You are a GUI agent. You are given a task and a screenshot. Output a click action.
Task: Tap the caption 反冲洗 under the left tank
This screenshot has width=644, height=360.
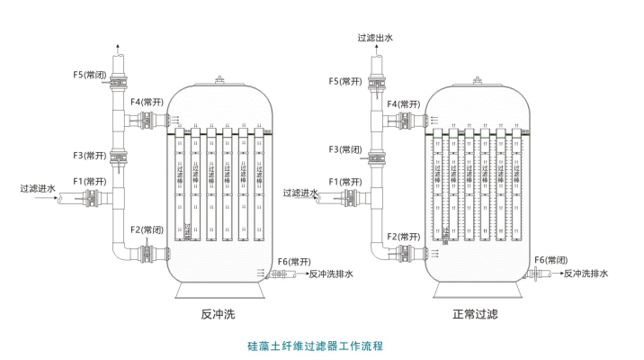[x=218, y=315]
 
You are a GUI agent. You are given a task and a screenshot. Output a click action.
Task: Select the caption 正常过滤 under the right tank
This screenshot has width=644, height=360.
[x=476, y=315]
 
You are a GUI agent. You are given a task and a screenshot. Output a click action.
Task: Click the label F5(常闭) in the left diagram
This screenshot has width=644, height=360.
[x=89, y=75]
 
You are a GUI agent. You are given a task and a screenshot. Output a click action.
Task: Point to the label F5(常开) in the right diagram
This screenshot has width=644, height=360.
[x=346, y=81]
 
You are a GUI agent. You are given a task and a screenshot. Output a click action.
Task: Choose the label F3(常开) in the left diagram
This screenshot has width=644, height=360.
[x=90, y=155]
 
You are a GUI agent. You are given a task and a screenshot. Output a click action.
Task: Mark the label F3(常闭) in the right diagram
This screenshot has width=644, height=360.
[x=346, y=148]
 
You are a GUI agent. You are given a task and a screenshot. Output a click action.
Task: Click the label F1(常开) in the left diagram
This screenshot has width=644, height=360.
[x=90, y=182]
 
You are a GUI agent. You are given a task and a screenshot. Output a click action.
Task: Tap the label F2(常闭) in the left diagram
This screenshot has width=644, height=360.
[x=148, y=230]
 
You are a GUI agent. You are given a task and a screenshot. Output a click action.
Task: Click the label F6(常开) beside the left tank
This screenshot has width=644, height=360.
[x=295, y=261]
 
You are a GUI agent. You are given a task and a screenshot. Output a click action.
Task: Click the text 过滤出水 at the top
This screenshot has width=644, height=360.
[x=376, y=38]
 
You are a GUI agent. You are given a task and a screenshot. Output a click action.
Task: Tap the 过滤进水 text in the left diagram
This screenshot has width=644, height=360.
[x=38, y=189]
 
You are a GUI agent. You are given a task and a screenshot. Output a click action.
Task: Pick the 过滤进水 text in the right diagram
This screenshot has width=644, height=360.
[x=300, y=193]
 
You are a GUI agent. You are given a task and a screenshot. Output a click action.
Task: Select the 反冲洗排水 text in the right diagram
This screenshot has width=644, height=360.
[x=586, y=273]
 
